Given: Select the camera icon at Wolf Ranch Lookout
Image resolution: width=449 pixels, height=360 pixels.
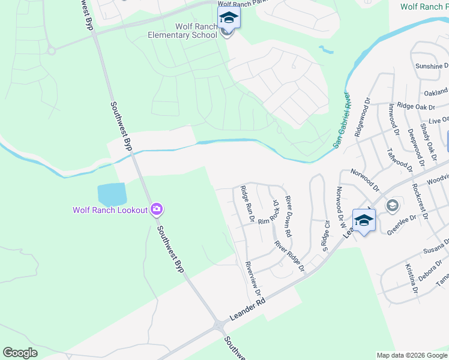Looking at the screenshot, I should coord(157,209).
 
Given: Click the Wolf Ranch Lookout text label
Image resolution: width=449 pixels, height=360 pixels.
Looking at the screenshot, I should coord(110,210).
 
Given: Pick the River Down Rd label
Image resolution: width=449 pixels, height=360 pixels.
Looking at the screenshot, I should coord(288,216).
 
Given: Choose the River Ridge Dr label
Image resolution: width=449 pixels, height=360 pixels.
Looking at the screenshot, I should coord(289,256).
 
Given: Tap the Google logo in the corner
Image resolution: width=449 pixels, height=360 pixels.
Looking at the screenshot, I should coord(20,353).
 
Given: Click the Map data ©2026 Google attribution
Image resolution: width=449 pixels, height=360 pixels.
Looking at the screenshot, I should coord(411,355).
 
